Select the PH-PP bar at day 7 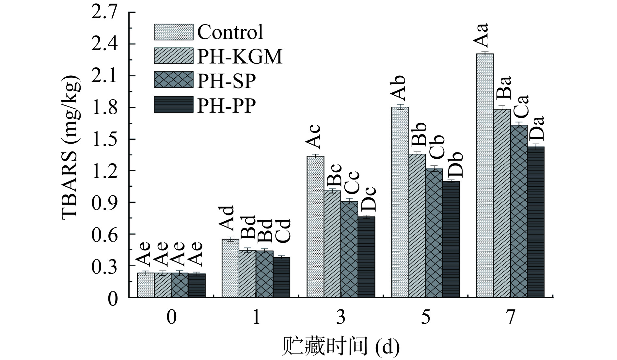[536, 222]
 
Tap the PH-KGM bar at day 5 [417, 225]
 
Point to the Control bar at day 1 [230, 268]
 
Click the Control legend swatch [173, 32]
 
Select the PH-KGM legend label [240, 56]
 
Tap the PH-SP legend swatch [173, 80]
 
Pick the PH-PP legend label [227, 105]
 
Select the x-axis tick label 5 [425, 317]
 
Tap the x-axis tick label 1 [256, 317]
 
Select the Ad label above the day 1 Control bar [226, 218]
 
